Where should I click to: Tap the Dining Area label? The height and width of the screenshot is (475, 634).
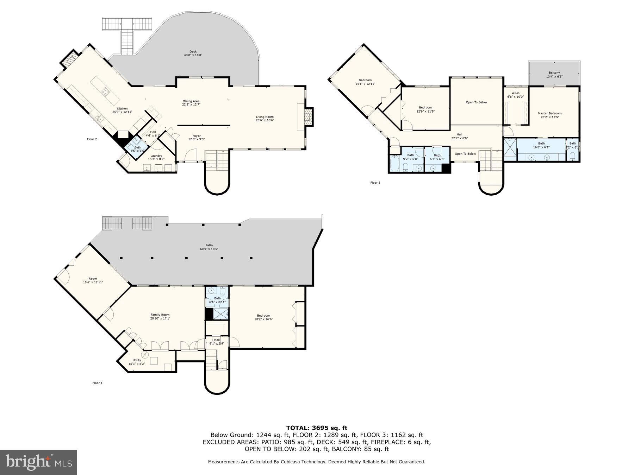191,101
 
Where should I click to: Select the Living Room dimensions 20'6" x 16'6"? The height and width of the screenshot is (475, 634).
265,120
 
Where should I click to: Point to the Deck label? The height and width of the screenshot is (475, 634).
193,52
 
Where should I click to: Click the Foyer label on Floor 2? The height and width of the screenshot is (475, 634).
196,136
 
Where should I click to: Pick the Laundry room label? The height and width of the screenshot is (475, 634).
156,156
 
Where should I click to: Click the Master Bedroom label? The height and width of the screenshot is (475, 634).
549,114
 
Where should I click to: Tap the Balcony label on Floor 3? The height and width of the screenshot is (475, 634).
554,73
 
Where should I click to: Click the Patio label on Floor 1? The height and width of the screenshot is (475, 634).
209,245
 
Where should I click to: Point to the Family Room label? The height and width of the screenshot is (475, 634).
160,315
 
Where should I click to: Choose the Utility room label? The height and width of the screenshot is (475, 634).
137,360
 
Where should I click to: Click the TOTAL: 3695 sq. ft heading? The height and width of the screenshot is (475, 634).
316,428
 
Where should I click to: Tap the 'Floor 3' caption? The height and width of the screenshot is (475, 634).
375,183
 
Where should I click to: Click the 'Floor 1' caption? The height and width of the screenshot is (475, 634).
97,383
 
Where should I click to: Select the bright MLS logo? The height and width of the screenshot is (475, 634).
38,462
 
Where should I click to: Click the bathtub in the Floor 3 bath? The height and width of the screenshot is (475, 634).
394,164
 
